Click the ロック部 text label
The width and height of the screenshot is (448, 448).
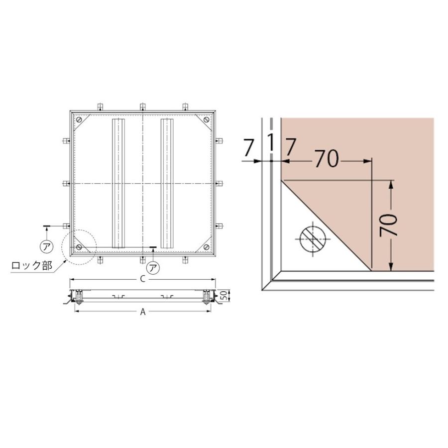click(32, 265)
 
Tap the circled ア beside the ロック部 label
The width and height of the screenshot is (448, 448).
click(46, 246)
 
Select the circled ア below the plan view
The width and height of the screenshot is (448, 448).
click(153, 268)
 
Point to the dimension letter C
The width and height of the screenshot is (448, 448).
click(143, 279)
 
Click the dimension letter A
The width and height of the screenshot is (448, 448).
click(143, 312)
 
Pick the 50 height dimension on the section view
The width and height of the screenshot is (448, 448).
click(225, 295)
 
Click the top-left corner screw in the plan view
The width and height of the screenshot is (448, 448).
click(79, 119)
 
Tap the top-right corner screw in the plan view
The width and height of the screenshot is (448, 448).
click(207, 119)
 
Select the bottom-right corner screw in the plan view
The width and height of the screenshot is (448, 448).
click(207, 247)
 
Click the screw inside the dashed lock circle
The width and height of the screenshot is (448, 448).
click(79, 247)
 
